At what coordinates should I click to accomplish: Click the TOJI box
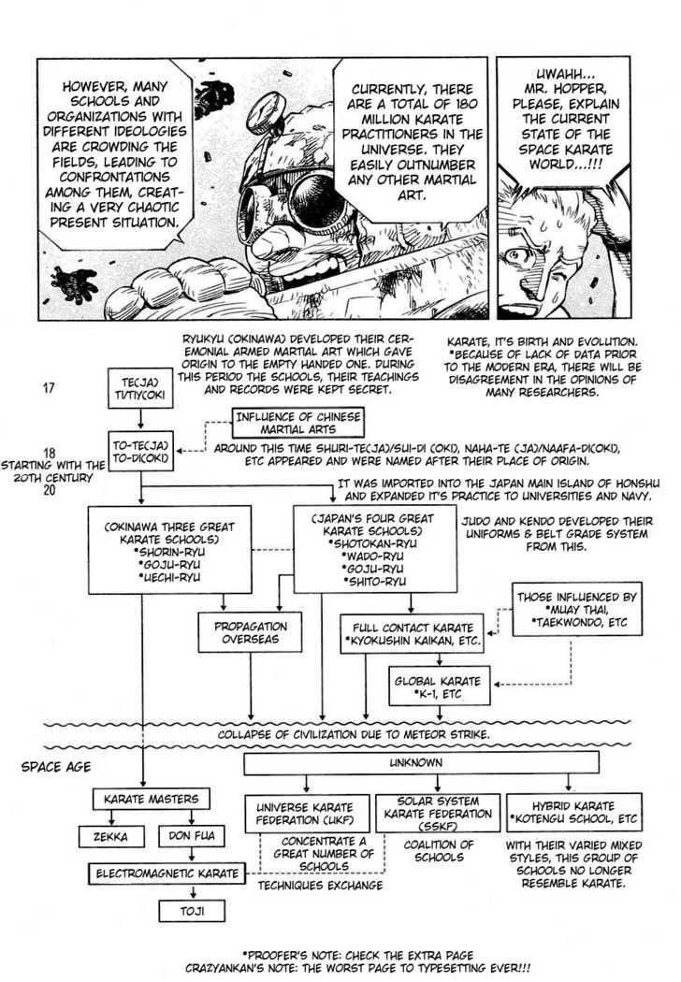click(x=192, y=911)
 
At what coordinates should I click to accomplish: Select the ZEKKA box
click(x=111, y=837)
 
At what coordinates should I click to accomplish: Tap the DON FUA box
click(x=192, y=836)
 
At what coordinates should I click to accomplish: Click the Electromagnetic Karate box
click(x=167, y=874)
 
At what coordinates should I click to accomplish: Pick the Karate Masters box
click(x=151, y=799)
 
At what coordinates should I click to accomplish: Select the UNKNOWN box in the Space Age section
click(x=421, y=763)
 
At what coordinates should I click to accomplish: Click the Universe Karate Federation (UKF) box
click(x=307, y=814)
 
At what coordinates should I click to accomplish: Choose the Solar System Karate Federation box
click(x=438, y=813)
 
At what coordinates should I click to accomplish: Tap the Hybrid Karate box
click(x=573, y=813)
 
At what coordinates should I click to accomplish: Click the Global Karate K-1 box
click(x=438, y=686)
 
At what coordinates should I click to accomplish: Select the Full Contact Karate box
click(x=413, y=634)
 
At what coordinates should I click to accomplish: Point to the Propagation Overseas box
click(x=250, y=632)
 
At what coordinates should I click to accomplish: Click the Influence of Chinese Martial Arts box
click(x=298, y=424)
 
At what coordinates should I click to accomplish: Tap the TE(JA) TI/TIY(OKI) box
click(x=140, y=388)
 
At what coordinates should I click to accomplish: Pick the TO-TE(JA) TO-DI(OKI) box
click(x=140, y=452)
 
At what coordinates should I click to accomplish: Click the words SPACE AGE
click(x=56, y=767)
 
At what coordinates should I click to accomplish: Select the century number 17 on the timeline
click(x=49, y=388)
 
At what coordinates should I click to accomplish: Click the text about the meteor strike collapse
click(x=354, y=734)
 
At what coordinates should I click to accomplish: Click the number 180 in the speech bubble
click(x=462, y=103)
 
